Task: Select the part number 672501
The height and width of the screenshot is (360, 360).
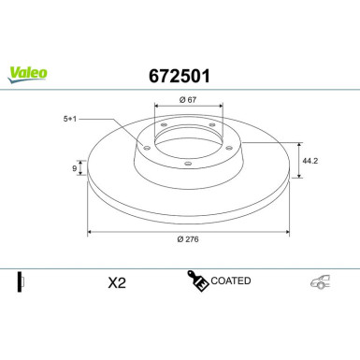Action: pyautogui.click(x=180, y=72)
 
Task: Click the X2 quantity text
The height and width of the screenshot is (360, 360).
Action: pyautogui.click(x=117, y=281)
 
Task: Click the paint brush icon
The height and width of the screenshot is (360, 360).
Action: pyautogui.click(x=196, y=281)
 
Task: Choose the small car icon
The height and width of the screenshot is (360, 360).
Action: pyautogui.click(x=319, y=281)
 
